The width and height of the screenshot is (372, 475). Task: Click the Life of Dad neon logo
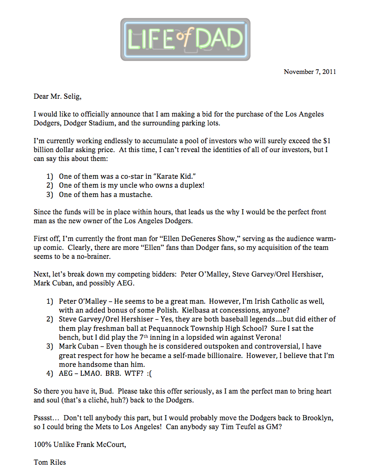pyautogui.click(x=186, y=39)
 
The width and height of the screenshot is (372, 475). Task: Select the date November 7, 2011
pyautogui.click(x=310, y=72)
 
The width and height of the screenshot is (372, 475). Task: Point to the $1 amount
pyautogui.click(x=329, y=141)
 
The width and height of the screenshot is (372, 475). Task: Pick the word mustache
pyautogui.click(x=135, y=194)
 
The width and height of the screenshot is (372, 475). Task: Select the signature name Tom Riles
pyautogui.click(x=50, y=462)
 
